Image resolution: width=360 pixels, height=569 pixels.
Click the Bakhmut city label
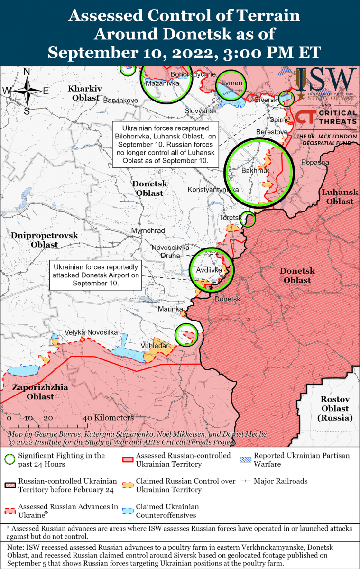pos(255,170)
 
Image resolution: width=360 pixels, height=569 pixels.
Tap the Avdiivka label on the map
pos(209,270)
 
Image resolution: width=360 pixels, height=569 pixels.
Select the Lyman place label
pos(231,83)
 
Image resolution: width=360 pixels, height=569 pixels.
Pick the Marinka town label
pos(170,309)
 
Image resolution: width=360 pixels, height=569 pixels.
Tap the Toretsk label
pos(230,218)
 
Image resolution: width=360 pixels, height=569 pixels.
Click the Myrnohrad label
pos(148,231)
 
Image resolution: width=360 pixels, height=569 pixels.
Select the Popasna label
pos(314,162)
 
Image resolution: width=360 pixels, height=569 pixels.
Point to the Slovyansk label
pos(200,110)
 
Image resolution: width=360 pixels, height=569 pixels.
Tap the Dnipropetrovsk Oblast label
pos(44,240)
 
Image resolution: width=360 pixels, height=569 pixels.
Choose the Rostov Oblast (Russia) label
pos(335,408)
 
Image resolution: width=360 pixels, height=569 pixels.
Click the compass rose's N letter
pos(27,72)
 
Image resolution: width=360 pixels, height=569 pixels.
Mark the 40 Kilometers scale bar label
pos(108,418)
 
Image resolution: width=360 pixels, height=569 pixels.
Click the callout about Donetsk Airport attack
pos(96,275)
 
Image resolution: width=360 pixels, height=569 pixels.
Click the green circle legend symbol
pos(9,459)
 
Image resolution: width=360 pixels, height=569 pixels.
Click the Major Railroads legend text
pos(280,481)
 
